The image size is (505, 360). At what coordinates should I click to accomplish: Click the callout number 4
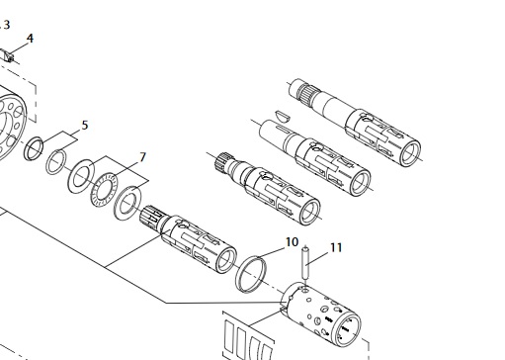pyautogui.click(x=30, y=39)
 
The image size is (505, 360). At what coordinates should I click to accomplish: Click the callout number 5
pyautogui.click(x=85, y=126)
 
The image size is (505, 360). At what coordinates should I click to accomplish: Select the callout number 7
pyautogui.click(x=142, y=157)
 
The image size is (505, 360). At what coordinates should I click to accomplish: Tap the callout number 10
pyautogui.click(x=292, y=242)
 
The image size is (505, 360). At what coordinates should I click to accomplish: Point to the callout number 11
pyautogui.click(x=336, y=247)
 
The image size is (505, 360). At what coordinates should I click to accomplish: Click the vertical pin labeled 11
pyautogui.click(x=305, y=264)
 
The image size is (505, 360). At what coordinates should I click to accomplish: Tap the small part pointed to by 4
pyautogui.click(x=8, y=55)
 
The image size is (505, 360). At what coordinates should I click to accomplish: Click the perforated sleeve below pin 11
pyautogui.click(x=321, y=315)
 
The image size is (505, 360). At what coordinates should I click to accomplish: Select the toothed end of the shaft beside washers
pyautogui.click(x=151, y=216)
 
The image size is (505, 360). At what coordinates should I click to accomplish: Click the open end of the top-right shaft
pyautogui.click(x=409, y=153)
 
